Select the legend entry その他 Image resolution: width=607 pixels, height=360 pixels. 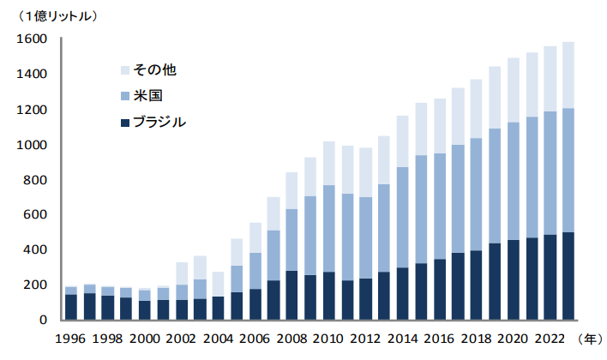point(151,69)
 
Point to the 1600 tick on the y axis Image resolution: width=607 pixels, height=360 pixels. point(30,39)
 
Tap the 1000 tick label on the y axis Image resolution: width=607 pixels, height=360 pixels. point(30,145)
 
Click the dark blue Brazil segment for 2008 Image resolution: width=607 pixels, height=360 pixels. point(292,296)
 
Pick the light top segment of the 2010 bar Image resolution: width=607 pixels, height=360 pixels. point(329,163)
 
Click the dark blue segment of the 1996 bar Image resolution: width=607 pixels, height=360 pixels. point(70,307)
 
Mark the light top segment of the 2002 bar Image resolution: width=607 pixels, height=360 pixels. point(181,273)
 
